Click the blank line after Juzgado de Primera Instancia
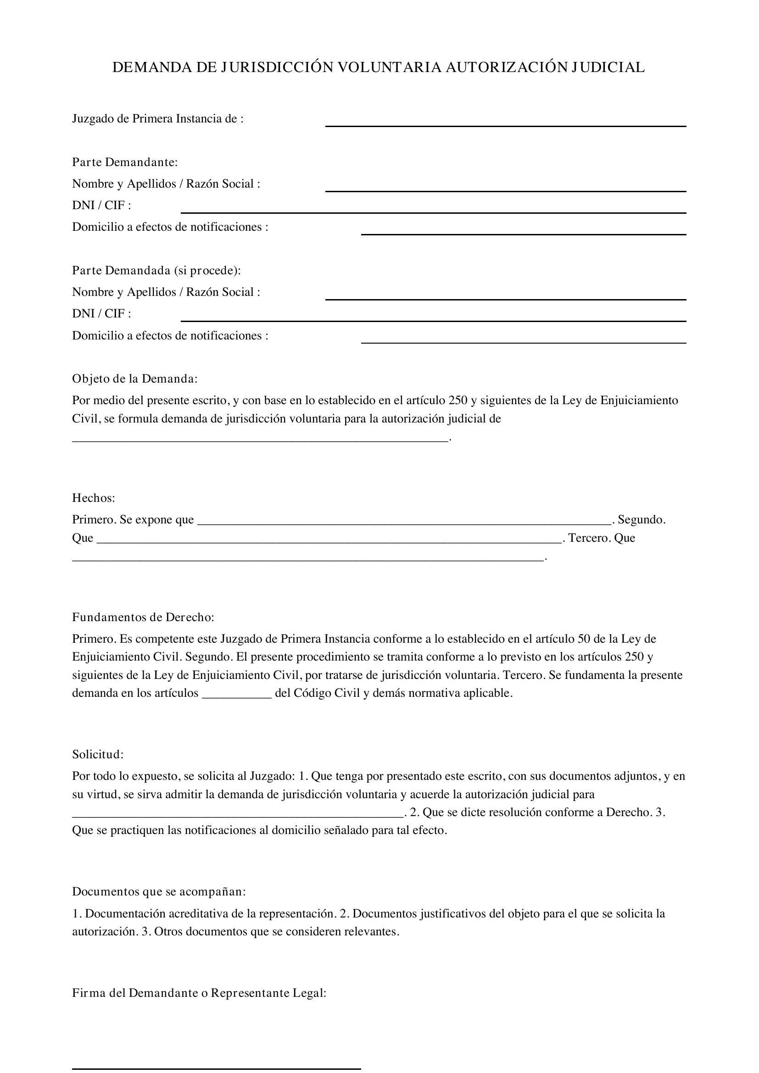505,125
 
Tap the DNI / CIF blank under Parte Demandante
433,211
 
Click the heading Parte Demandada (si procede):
156,271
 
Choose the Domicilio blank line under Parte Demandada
524,342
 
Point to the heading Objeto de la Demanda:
134,378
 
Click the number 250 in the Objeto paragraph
458,400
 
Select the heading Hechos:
94,498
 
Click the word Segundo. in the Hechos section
641,520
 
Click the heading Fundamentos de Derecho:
143,617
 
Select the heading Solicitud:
98,754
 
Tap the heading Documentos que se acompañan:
159,892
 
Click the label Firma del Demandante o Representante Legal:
199,993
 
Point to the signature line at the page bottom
217,1068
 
